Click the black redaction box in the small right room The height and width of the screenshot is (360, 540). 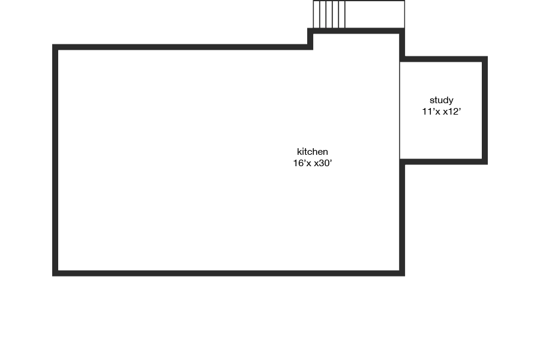click(x=441, y=106)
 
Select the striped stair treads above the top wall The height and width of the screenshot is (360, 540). click(x=329, y=14)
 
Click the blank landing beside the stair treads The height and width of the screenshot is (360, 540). click(x=374, y=14)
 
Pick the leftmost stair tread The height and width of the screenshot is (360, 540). click(x=316, y=14)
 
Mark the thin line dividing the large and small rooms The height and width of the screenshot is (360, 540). click(x=400, y=108)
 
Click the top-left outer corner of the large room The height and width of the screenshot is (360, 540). click(x=55, y=47)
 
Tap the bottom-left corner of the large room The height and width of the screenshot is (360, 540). click(x=55, y=274)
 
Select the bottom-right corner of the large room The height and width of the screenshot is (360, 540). click(x=402, y=274)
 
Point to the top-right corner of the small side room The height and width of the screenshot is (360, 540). click(x=485, y=59)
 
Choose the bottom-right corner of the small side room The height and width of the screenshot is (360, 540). click(x=485, y=161)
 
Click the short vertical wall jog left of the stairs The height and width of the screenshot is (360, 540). click(x=311, y=38)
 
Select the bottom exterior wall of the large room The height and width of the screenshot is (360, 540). click(x=228, y=274)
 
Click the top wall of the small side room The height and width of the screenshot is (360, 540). click(x=444, y=59)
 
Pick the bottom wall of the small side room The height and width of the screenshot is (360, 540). click(x=444, y=161)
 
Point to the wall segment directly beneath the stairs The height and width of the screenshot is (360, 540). click(x=357, y=31)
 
